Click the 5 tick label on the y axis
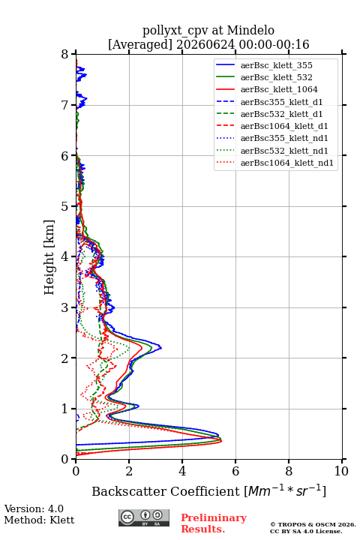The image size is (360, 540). click(64, 206)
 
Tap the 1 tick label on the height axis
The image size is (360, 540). click(64, 409)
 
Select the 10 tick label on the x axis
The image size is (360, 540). click(341, 471)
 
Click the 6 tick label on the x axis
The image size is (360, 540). click(235, 471)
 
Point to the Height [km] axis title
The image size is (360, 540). click(49, 257)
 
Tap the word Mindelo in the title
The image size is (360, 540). click(250, 30)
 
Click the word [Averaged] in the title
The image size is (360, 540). click(140, 44)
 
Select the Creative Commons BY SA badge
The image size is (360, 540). click(144, 517)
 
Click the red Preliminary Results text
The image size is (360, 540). click(214, 523)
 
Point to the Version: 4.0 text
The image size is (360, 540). click(34, 508)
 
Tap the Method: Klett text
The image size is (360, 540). click(39, 520)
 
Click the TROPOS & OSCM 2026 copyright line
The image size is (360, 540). click(313, 524)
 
